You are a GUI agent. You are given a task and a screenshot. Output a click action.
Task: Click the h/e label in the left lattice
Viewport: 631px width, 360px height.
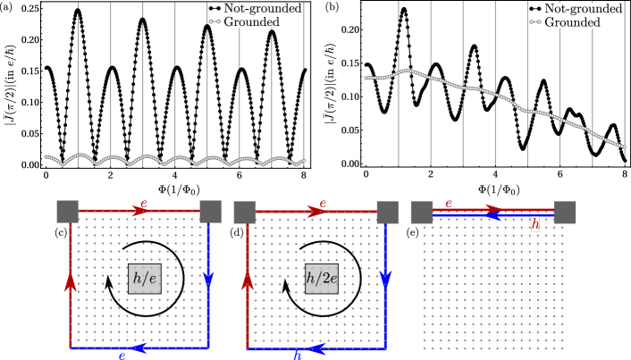coord(145,278)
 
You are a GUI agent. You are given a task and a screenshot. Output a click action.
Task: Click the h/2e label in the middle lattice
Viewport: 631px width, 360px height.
coord(322,278)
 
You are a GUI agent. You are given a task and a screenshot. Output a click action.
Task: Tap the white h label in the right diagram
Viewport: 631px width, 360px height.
coord(534,224)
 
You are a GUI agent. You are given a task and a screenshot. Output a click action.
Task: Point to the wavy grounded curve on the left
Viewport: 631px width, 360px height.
coord(175,161)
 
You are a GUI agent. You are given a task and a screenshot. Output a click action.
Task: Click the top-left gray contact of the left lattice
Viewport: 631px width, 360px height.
coord(68,212)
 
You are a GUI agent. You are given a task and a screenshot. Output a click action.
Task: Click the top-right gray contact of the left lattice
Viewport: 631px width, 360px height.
coord(210,212)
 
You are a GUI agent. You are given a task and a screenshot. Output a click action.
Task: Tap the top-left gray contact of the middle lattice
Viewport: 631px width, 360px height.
coord(245,212)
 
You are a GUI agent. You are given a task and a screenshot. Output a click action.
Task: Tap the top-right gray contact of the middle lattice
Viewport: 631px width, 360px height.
coord(387,212)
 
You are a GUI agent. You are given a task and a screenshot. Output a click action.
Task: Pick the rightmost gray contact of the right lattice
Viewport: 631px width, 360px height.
coord(564,212)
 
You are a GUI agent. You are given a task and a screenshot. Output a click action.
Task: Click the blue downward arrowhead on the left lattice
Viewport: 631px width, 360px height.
coord(208,279)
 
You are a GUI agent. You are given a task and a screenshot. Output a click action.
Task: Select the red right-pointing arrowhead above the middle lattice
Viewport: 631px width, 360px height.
coord(315,212)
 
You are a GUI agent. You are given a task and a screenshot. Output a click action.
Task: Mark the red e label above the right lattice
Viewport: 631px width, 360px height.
coord(449,204)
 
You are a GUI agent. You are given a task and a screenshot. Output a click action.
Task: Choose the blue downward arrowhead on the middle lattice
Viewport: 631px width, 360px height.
coord(385,279)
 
